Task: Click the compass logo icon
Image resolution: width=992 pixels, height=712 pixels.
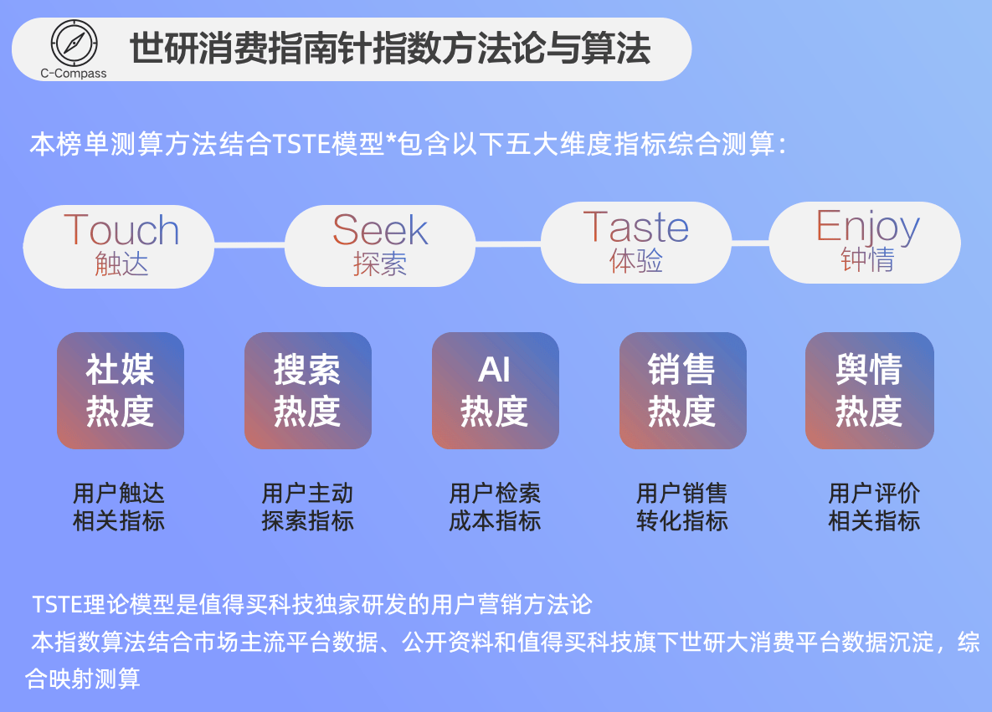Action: [74, 43]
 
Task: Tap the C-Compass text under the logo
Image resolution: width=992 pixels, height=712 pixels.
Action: [74, 74]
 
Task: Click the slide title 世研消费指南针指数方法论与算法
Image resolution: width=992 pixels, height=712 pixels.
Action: [390, 49]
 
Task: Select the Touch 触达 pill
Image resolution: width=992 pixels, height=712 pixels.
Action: [119, 246]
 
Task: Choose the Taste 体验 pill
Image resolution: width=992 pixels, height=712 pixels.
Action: [636, 243]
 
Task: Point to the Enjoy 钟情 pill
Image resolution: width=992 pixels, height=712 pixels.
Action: [866, 242]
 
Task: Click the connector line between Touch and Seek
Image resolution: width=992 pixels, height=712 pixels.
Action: [249, 244]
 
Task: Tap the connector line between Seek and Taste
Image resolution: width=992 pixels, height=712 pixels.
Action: [508, 244]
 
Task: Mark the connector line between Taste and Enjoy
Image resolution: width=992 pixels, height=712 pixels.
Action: [750, 243]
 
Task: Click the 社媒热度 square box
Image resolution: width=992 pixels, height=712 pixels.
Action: [121, 391]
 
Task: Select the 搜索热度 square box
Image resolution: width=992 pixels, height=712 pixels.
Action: [307, 391]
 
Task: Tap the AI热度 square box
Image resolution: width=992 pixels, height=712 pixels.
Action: [495, 391]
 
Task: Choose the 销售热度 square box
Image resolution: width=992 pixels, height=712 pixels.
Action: [682, 391]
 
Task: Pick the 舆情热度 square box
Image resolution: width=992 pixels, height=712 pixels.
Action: [869, 391]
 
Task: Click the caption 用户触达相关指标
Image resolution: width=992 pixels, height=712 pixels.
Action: [119, 507]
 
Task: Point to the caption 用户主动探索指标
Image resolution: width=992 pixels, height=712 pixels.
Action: [307, 507]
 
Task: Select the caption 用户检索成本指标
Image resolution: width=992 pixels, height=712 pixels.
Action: [495, 507]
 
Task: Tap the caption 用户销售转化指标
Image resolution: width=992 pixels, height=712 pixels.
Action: [682, 507]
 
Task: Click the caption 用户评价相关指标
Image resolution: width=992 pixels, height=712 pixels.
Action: [874, 507]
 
